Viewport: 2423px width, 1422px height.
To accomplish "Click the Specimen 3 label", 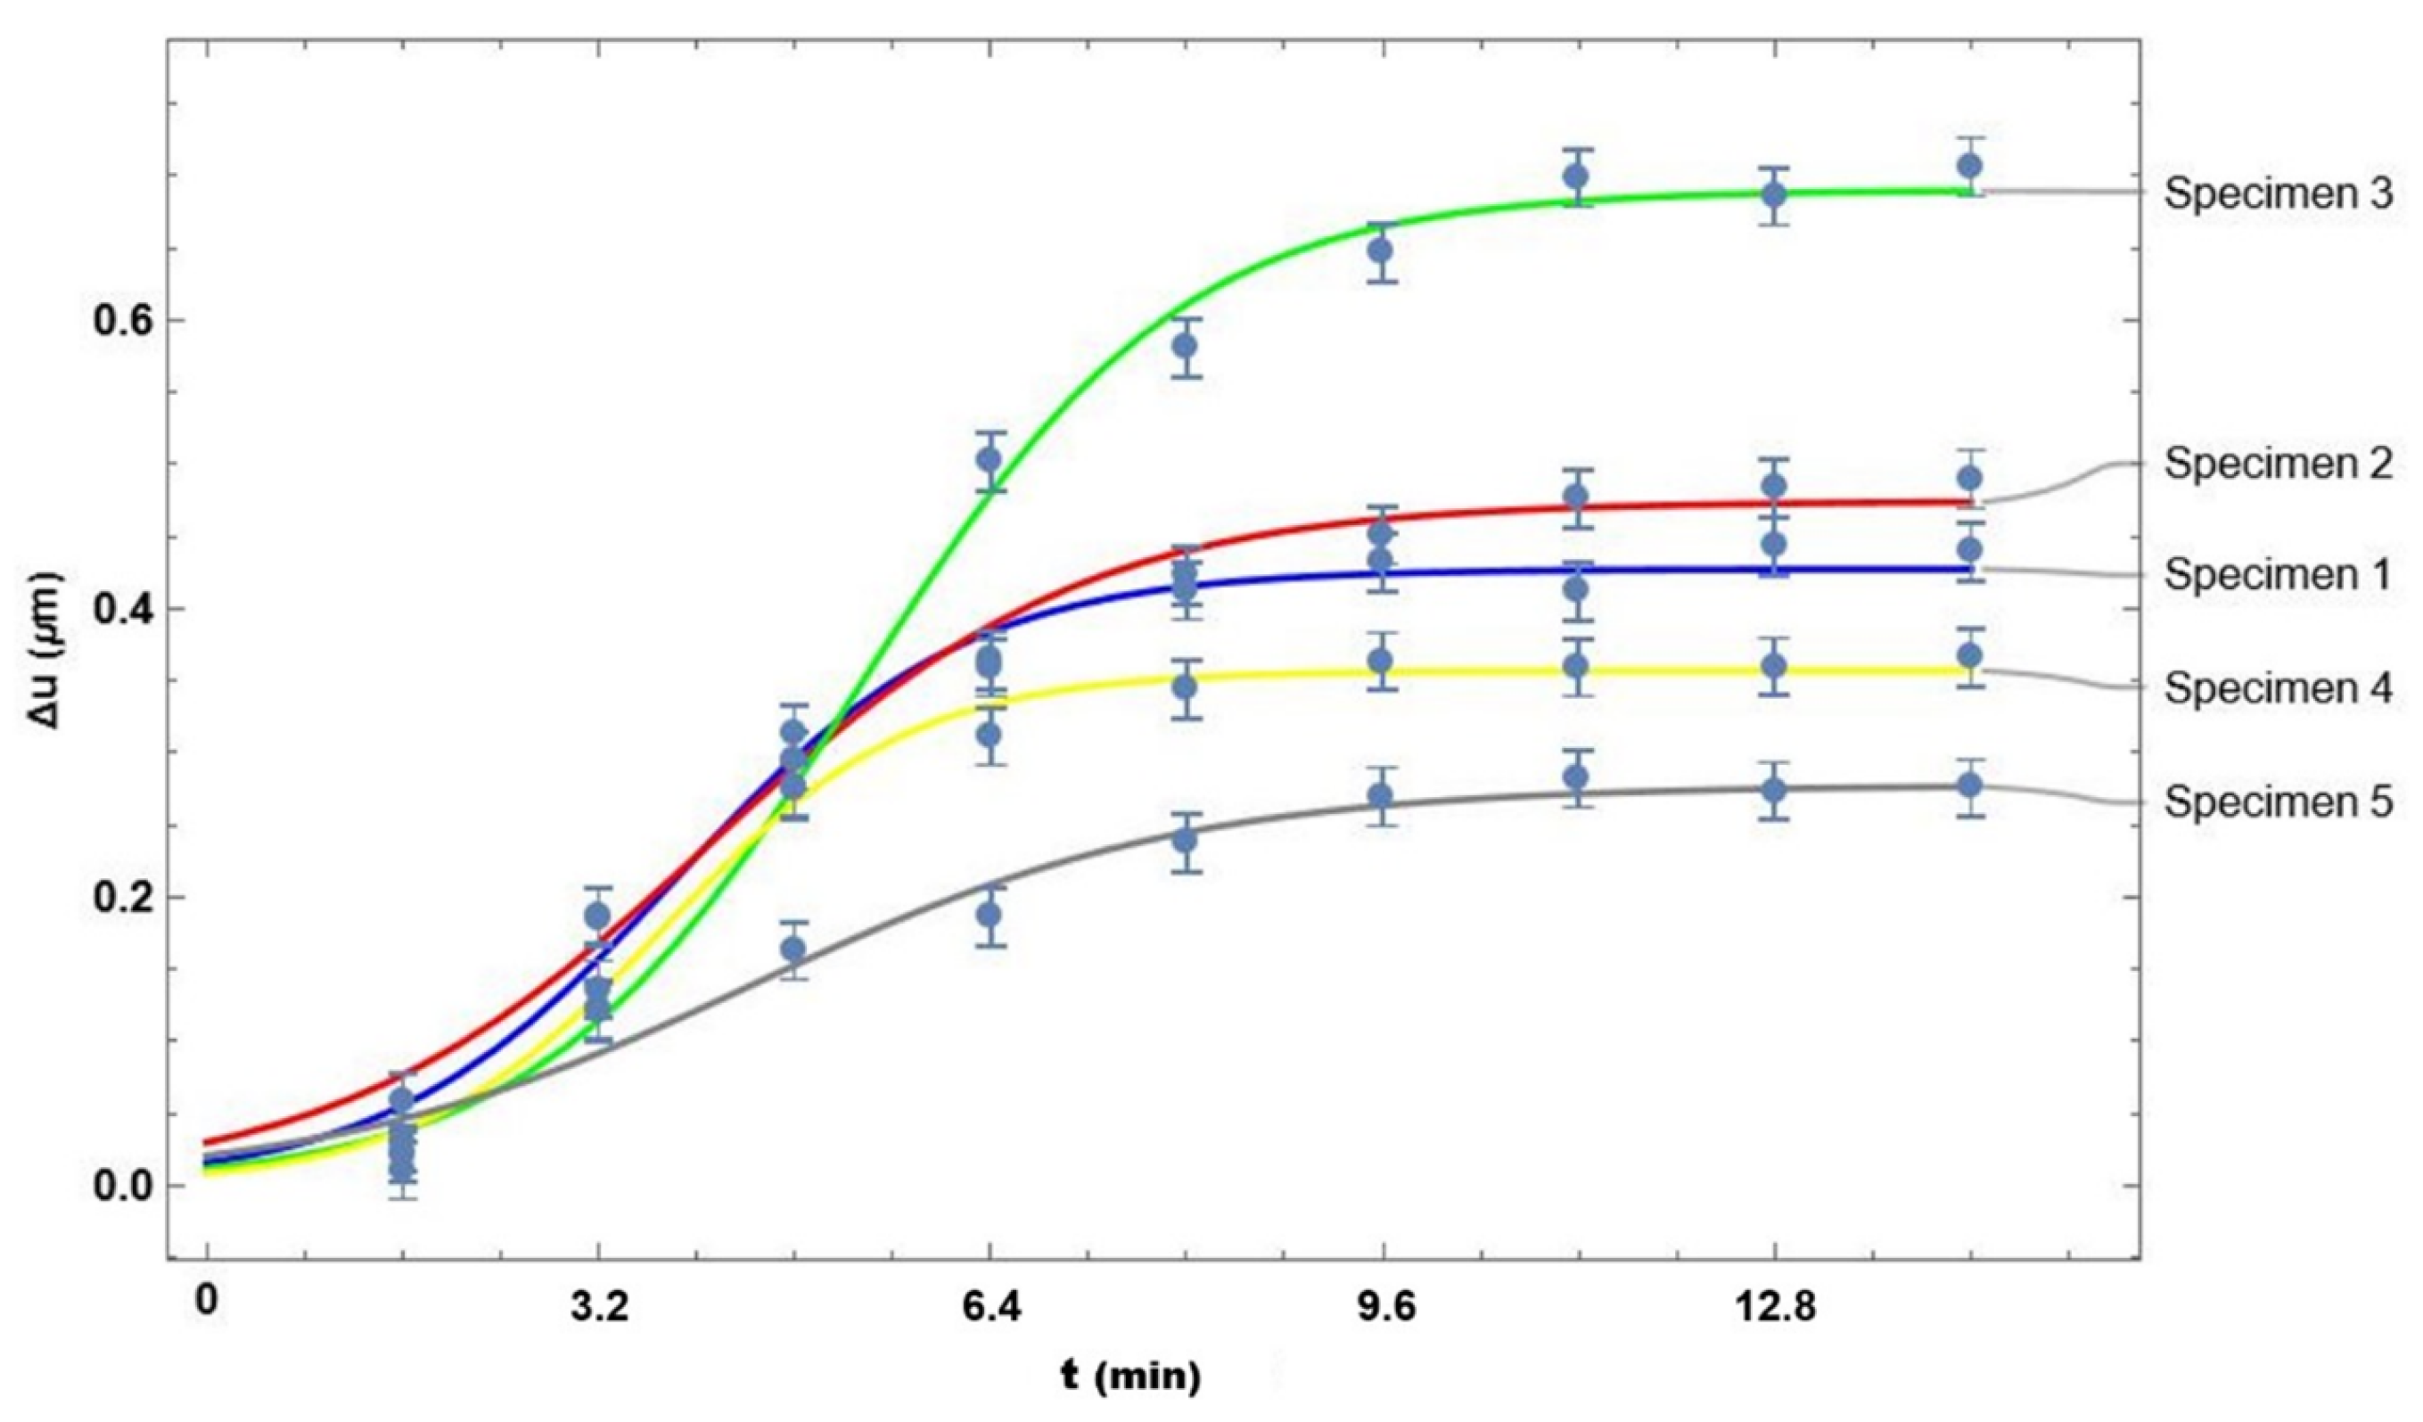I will (x=2277, y=195).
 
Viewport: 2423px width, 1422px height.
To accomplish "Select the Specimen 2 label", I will (x=2277, y=465).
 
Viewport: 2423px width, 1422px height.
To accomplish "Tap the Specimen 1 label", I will (x=2277, y=575).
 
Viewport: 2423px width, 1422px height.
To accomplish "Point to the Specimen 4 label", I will (x=2277, y=689).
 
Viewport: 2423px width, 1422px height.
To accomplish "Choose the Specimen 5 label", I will (x=2277, y=802).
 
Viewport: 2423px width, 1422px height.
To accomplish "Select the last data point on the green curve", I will (x=1969, y=165).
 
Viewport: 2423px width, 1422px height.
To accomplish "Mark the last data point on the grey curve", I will (x=1969, y=785).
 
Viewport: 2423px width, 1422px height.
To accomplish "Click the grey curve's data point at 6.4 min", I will (x=990, y=915).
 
